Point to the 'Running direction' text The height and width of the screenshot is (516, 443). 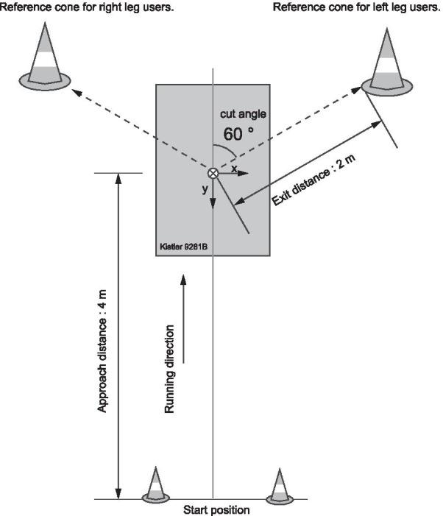coord(170,368)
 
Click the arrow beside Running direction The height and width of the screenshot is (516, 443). coord(183,320)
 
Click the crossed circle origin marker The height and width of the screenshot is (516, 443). coord(213,174)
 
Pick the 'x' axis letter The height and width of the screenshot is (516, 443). coord(234,168)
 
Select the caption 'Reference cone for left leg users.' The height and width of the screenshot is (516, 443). coord(356,7)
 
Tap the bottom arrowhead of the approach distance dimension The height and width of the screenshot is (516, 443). coord(118,493)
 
